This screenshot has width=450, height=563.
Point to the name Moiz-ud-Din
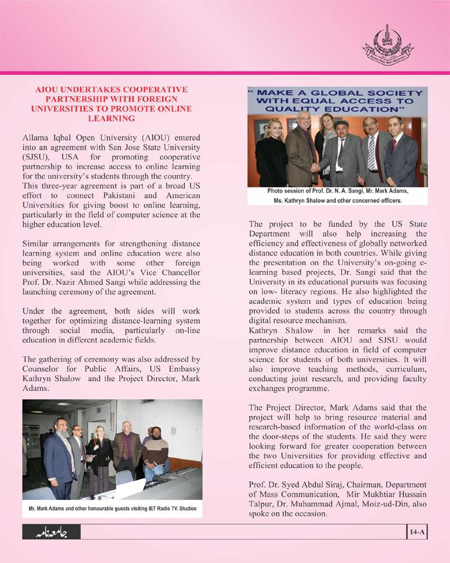click(390, 504)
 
